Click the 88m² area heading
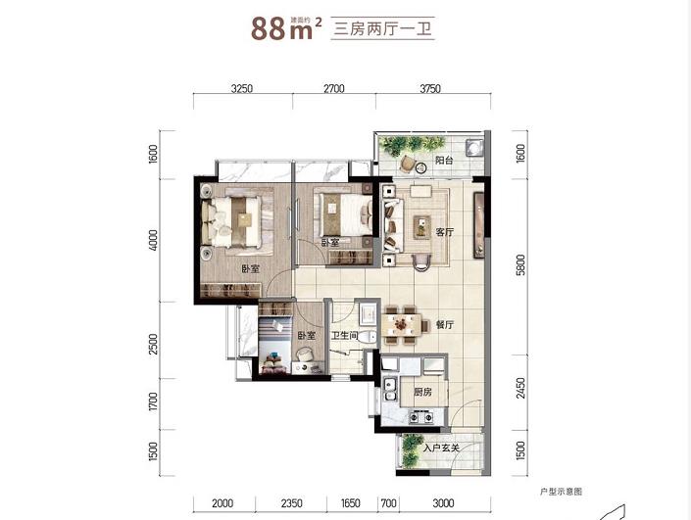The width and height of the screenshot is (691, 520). (286, 28)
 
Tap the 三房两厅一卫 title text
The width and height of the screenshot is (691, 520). (382, 28)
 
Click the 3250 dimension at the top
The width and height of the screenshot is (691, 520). (242, 88)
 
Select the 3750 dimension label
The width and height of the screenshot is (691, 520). (430, 88)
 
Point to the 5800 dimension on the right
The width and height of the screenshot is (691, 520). (520, 264)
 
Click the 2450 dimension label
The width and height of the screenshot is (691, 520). (520, 388)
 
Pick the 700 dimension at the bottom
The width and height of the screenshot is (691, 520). (388, 502)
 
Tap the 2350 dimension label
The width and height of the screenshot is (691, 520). (291, 502)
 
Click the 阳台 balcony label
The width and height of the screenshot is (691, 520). (444, 161)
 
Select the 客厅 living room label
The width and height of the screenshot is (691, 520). (444, 232)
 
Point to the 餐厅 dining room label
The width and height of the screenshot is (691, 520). (444, 325)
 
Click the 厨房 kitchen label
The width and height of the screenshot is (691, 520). (422, 392)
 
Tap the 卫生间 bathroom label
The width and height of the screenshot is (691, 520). (344, 336)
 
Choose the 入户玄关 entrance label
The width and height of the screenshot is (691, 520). (441, 449)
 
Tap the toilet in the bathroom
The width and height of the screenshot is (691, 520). (368, 337)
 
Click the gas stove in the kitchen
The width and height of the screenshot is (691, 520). (420, 416)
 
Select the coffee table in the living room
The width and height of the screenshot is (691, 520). (422, 227)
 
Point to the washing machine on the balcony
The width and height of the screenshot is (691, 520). (474, 148)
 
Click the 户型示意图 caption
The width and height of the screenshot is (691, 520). (561, 492)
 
